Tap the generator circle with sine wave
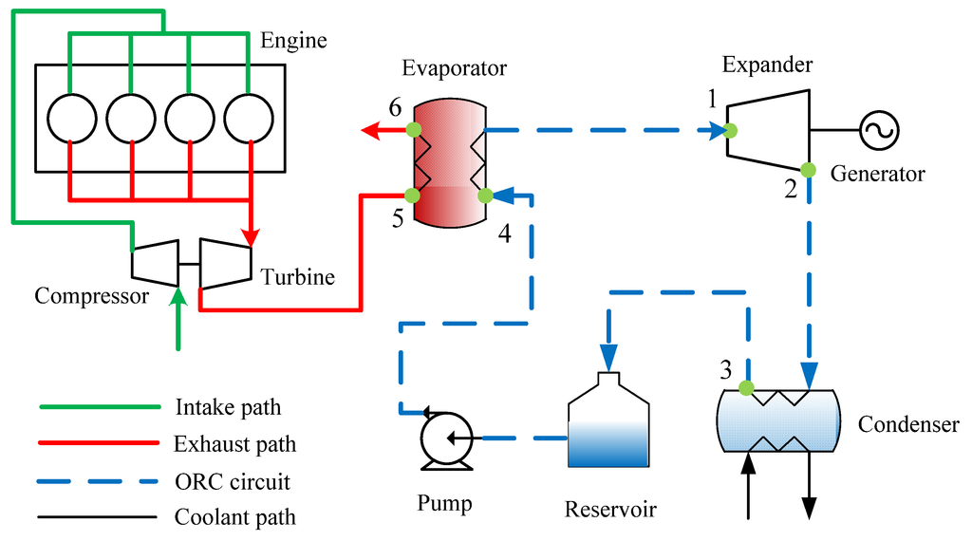(880, 129)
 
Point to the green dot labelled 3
(746, 387)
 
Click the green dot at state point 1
(729, 131)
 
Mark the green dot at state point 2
(807, 171)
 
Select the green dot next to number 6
(413, 129)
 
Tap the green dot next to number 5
(412, 196)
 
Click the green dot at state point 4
(484, 196)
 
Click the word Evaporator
(454, 68)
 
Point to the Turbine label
(297, 277)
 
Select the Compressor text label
(91, 296)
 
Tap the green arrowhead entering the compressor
(177, 298)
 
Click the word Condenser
(908, 424)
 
